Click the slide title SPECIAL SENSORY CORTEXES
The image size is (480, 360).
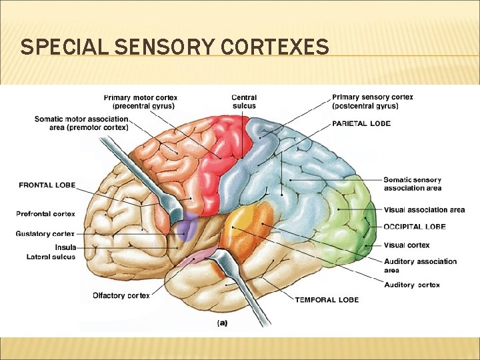175,47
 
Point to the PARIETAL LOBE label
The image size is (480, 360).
361,123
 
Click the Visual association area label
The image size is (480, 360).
424,210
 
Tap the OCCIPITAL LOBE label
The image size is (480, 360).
415,227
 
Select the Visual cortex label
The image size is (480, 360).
407,245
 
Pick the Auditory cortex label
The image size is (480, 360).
411,285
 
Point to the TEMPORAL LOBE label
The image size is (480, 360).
327,299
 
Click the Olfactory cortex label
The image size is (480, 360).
121,295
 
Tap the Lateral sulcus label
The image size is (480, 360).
51,257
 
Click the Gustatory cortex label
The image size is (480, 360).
45,234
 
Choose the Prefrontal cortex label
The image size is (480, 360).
45,214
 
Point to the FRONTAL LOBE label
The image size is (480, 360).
47,185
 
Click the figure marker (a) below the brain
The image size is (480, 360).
223,323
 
